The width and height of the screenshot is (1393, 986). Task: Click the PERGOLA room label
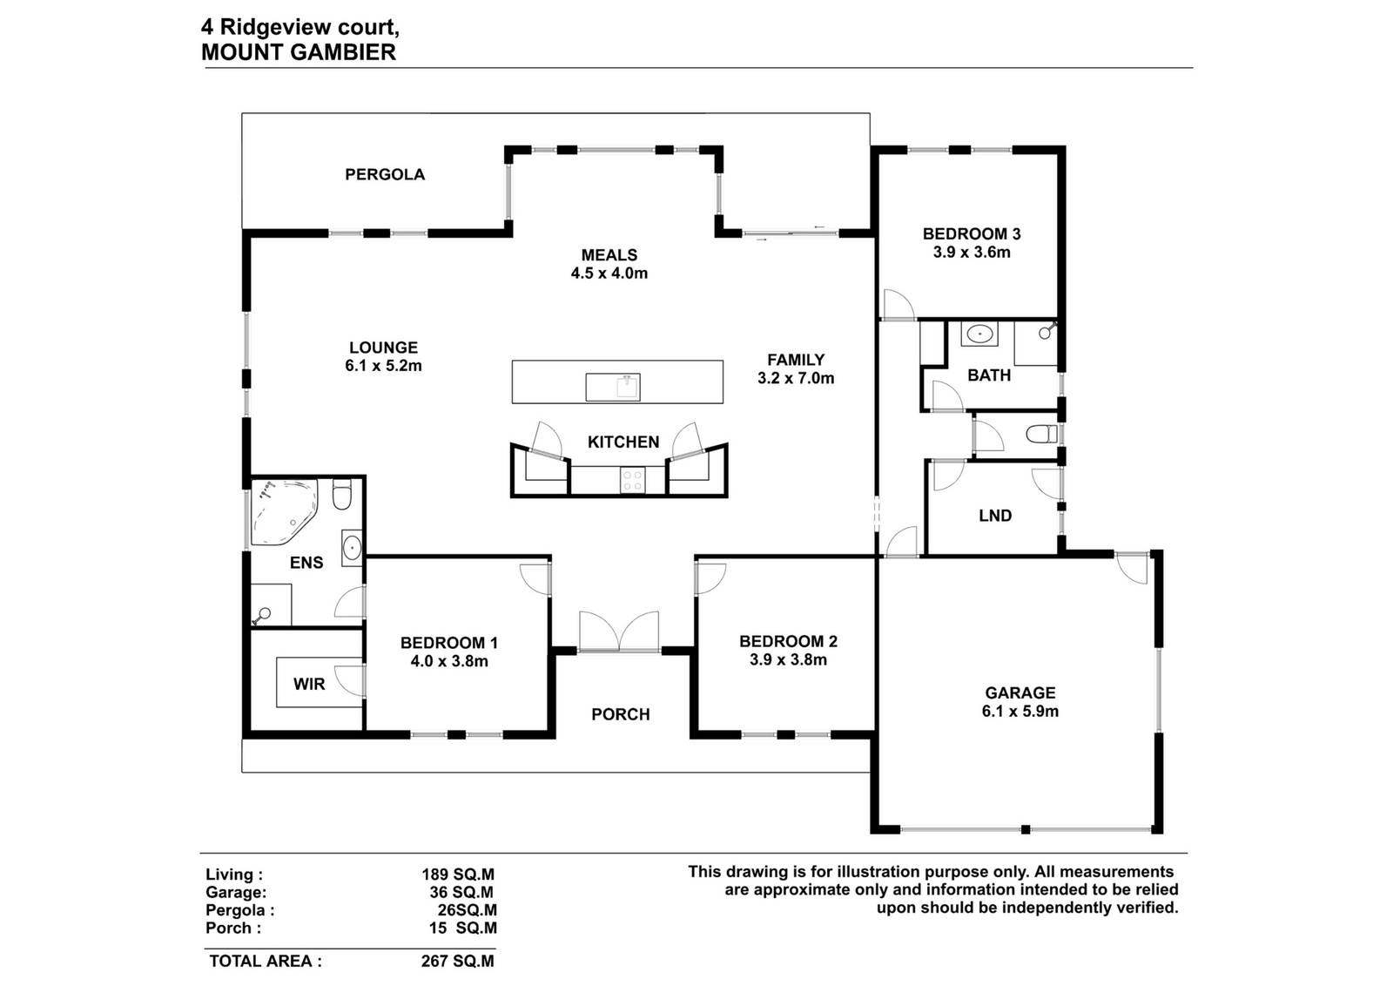tap(385, 174)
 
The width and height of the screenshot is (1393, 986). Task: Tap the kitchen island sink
tap(613, 388)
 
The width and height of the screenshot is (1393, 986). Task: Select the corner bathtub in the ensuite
tap(284, 510)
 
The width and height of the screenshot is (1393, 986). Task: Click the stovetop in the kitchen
tap(633, 480)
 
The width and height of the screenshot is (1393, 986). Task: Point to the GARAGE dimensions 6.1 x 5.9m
tap(1020, 711)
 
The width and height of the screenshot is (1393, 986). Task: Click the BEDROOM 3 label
tap(972, 234)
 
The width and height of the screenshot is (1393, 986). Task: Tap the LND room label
tap(995, 516)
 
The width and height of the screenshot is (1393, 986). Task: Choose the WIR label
tap(309, 685)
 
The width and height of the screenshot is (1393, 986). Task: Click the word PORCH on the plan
tap(621, 714)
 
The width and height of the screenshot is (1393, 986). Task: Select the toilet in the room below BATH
tap(1041, 434)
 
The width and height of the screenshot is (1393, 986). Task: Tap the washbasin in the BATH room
tap(980, 334)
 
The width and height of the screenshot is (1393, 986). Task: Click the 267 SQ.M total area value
tap(458, 961)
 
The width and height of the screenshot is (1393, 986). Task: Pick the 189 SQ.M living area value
tap(458, 875)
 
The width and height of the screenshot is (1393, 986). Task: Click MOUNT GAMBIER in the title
tap(299, 52)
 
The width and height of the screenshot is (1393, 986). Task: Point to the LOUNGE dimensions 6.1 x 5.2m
tap(383, 366)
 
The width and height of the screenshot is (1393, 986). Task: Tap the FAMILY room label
tap(796, 360)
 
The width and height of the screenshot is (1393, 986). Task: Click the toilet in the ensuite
tap(342, 496)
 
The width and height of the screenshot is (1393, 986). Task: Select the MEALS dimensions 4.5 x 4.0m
tap(609, 274)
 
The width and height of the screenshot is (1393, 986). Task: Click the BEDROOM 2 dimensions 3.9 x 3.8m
tap(788, 659)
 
